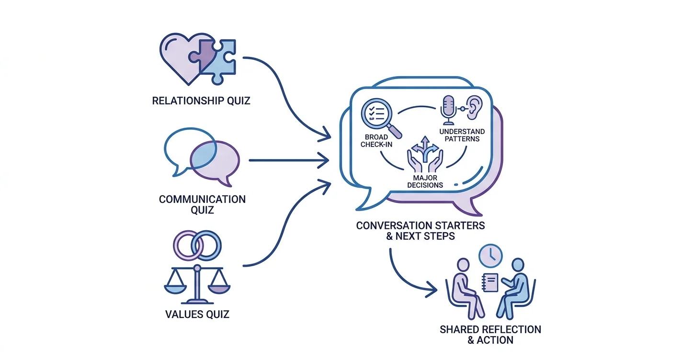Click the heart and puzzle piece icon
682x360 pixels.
pos(198,59)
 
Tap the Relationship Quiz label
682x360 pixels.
pos(201,101)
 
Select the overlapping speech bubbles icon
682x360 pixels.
pos(202,157)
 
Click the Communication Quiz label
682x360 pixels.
pos(202,204)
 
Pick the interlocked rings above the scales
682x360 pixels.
pos(197,246)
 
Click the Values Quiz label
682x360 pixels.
pos(197,314)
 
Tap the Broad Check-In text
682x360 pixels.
pos(376,141)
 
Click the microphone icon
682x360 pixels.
pos(448,110)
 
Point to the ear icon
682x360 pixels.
pos(474,107)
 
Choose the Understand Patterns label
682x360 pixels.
pos(462,135)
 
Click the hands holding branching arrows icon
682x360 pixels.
pos(425,154)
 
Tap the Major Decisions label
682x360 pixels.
pos(425,181)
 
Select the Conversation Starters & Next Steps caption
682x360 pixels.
pos(421,231)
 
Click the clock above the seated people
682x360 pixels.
pos(490,256)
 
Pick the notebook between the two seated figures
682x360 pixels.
pos(490,282)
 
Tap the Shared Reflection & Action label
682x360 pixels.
pos(490,335)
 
